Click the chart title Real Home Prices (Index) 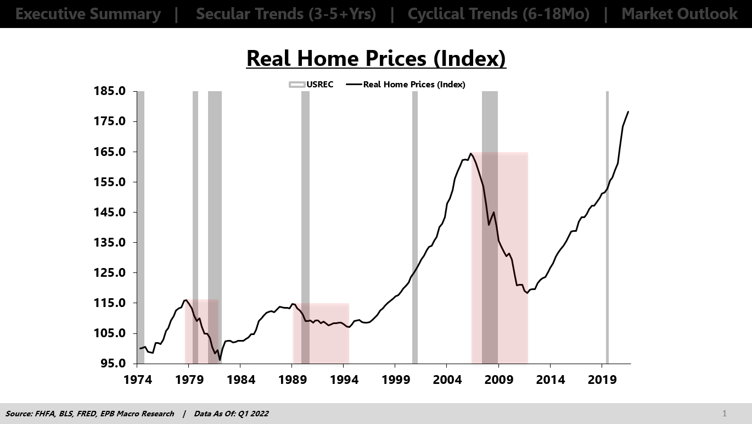(x=376, y=58)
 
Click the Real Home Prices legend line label (x=414, y=85)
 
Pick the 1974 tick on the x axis (x=138, y=380)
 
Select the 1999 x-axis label (x=395, y=380)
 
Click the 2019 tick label (x=602, y=380)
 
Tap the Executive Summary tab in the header (x=88, y=14)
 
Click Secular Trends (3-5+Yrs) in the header (x=286, y=14)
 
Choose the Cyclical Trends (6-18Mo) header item (x=498, y=14)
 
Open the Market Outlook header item (x=680, y=14)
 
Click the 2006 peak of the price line (x=471, y=154)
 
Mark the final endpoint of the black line (x=628, y=112)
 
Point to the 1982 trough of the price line (x=220, y=360)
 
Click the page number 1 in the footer (x=725, y=414)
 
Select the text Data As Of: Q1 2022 (x=231, y=414)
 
